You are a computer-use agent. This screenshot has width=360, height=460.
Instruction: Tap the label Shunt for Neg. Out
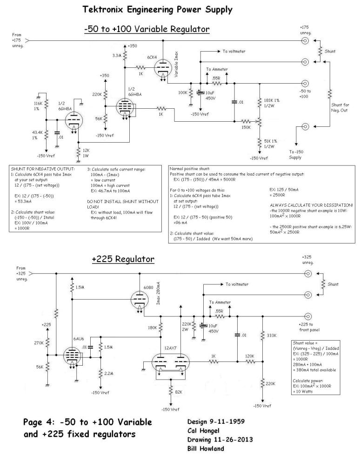coord(339,108)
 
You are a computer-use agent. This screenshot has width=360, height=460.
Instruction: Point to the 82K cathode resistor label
coord(179,392)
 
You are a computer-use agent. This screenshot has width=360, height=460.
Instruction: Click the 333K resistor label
coord(273,335)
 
